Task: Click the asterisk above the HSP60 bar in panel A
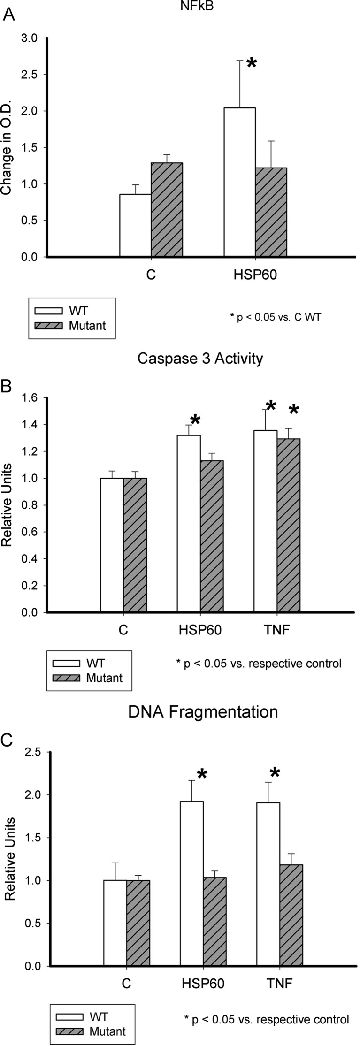(x=252, y=63)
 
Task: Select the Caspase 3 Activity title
(x=200, y=359)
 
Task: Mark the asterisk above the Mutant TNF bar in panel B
(x=294, y=411)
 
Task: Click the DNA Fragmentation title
(x=203, y=712)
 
